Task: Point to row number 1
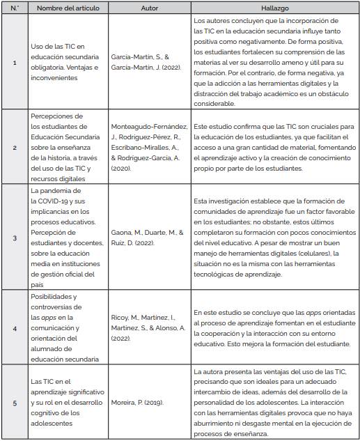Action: [x=15, y=63]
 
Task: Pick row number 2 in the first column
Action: [x=15, y=148]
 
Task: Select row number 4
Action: [x=15, y=327]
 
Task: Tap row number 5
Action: [x=15, y=402]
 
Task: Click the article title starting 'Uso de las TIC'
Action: [x=66, y=63]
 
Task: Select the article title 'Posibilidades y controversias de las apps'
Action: [x=66, y=327]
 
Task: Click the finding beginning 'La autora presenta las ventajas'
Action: [x=276, y=402]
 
